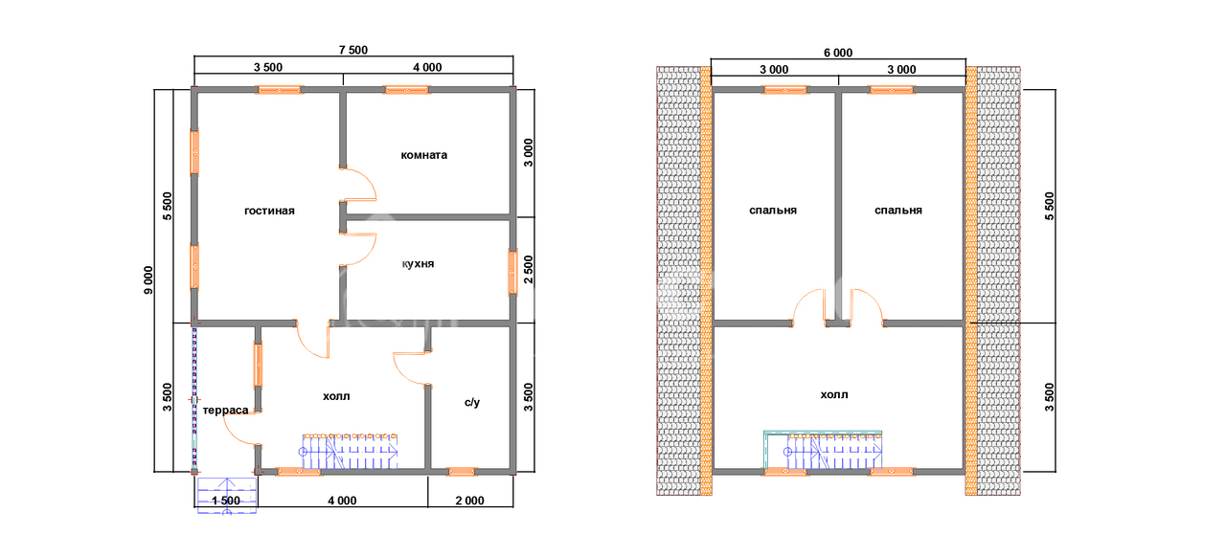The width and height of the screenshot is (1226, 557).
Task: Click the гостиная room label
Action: [x=269, y=212]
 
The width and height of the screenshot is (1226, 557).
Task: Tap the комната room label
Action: [x=424, y=155]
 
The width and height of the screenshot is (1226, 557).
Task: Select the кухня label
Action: [x=419, y=264]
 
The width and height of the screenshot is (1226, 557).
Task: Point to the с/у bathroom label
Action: [x=472, y=403]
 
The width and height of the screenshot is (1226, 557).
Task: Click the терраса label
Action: [x=225, y=411]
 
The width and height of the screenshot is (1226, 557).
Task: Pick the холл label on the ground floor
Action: [x=336, y=396]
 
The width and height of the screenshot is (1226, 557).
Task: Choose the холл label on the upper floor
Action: [x=834, y=394]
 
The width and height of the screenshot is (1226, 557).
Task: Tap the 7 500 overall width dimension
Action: [x=353, y=51]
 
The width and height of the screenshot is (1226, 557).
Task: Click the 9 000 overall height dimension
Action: [x=148, y=280]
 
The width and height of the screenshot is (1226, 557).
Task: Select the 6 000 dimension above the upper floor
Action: [x=838, y=53]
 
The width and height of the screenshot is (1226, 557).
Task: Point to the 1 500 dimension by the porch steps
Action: [x=226, y=501]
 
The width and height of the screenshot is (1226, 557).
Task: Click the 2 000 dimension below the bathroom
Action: [x=470, y=501]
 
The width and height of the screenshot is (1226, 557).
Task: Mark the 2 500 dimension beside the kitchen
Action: [x=528, y=270]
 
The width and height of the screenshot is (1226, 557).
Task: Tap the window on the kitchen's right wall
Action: [x=512, y=272]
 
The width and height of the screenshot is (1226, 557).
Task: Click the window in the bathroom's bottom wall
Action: [x=462, y=471]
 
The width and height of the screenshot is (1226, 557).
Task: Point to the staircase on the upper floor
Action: [x=824, y=451]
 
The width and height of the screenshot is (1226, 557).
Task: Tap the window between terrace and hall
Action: [x=258, y=365]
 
